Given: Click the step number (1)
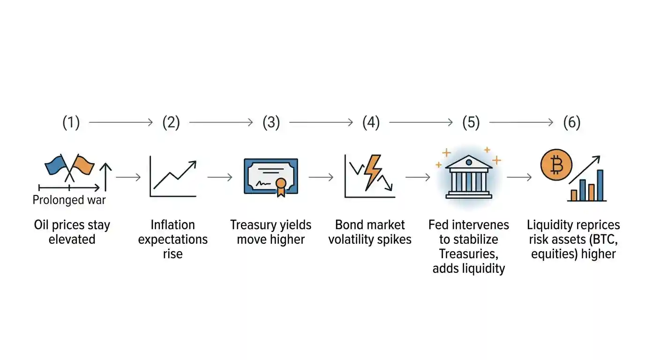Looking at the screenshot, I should coord(71,123).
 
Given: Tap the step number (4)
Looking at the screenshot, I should coord(371,123).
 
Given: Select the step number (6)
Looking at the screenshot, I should coord(571,123).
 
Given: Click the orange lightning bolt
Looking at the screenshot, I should coord(373,171).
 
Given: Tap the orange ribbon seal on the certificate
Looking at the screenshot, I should coord(281,186).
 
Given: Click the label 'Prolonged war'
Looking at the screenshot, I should coord(69,201).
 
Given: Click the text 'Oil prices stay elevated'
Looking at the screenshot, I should coord(72,232).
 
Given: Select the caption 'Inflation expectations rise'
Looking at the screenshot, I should coord(172,239).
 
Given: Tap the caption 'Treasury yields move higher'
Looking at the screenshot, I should coord(271,232).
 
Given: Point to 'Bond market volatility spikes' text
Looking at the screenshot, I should coord(370,232).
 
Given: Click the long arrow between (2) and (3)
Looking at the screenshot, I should coord(221,123).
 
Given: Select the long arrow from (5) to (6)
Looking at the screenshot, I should coord(521,123).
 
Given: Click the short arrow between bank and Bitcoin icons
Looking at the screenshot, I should coord(519,177).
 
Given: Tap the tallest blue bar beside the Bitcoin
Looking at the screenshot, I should coord(600,185).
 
